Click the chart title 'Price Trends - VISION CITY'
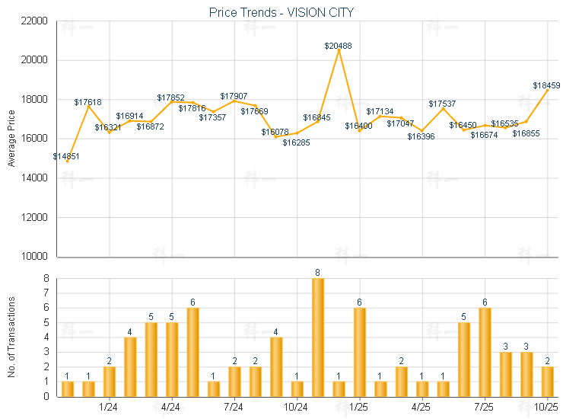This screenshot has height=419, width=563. pos(281,13)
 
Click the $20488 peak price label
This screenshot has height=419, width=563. pos(338,46)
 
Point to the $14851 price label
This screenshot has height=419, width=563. pos(66,156)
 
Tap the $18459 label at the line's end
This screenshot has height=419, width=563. pos(546,85)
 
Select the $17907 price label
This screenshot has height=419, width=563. pos(234,96)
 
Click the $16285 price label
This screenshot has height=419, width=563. pos(297,142)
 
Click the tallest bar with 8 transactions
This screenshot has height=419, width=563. pos(318,337)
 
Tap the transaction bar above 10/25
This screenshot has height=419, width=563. pos(547,381)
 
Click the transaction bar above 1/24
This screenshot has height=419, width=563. pos(110,381)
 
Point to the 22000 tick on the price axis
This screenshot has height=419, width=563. pos(36,21)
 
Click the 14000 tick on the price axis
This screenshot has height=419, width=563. pos(36,178)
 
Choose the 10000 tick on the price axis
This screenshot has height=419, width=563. pos(36,257)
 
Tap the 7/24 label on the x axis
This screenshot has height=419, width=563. pos(234,408)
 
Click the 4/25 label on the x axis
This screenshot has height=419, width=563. pos(422,408)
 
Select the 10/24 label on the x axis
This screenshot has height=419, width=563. pos(297,408)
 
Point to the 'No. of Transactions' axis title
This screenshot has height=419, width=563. pos(11,337)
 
